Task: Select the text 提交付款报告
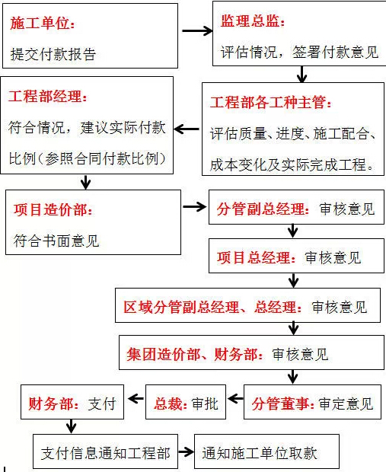tap(53, 54)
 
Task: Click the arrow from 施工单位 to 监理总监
tap(197, 30)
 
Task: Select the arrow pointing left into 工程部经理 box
tap(187, 129)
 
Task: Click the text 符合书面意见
tap(56, 241)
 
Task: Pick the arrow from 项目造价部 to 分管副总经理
tap(195, 207)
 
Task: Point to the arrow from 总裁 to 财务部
tap(136, 399)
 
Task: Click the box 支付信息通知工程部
tap(105, 451)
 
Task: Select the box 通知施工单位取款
tap(266, 451)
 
